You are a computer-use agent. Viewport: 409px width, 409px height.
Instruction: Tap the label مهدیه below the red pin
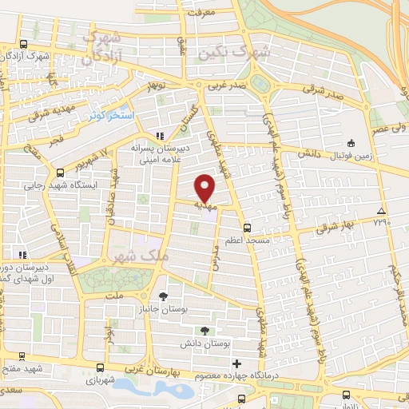tap(206, 205)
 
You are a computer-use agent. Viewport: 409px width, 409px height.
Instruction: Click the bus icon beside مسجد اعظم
tap(247, 228)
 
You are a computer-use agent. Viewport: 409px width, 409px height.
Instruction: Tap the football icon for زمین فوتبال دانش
tap(351, 143)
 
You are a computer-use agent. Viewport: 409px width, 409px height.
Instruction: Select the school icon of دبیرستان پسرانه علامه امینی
tap(159, 136)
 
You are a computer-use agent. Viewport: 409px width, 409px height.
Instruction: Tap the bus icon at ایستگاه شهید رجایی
tap(60, 172)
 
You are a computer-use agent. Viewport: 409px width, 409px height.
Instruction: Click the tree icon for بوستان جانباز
tap(165, 296)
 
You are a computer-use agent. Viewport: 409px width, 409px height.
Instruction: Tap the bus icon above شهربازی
tap(99, 368)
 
